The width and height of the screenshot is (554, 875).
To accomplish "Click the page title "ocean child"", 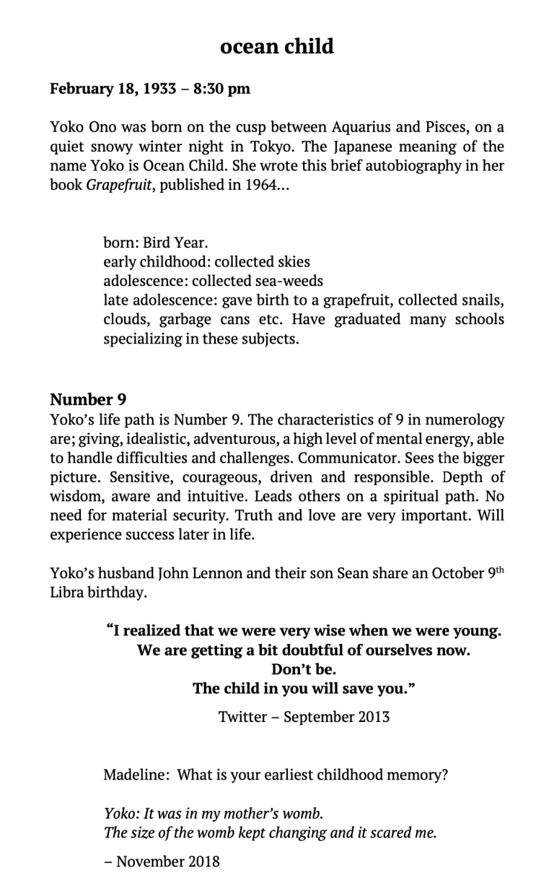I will coord(277,46).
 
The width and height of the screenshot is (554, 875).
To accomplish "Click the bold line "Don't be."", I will coord(304,669).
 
